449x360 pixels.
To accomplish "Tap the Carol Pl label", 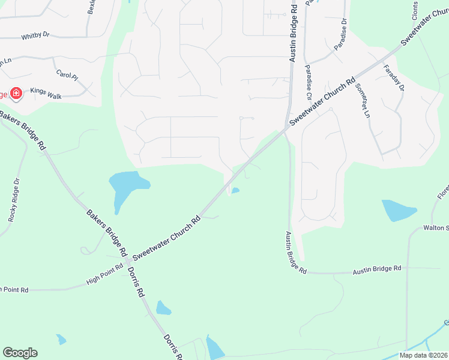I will tap(67, 75).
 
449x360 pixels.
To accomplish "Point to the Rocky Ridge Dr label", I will tap(14, 200).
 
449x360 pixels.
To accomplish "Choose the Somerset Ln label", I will tap(362, 100).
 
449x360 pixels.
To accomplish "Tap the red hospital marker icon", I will tap(16, 94).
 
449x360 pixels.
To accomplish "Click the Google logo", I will tap(20, 353).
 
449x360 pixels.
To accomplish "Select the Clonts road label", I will tap(415, 10).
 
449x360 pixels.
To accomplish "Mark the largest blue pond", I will tap(127, 185).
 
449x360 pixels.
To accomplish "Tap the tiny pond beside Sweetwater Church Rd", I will tap(236, 191).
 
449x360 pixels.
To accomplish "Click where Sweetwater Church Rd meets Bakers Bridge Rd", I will tap(127, 262).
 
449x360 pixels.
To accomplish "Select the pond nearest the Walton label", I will tap(398, 211).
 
